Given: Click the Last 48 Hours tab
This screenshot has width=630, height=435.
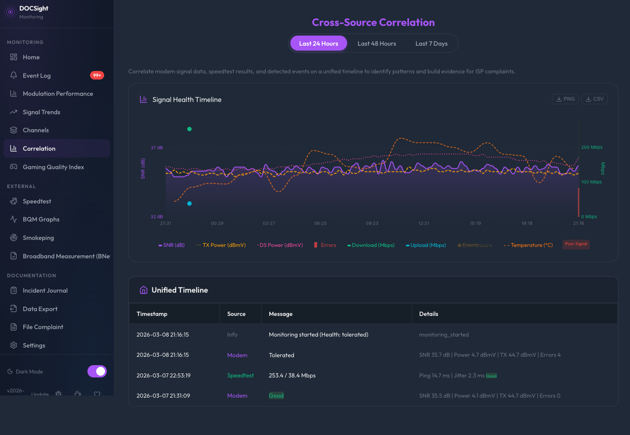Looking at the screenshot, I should pos(377,43).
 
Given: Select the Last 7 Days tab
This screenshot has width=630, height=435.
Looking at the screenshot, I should pos(431,43).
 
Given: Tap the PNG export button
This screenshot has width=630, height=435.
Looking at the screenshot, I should pos(565,99).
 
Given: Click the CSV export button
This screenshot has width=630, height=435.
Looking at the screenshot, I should pos(594,99).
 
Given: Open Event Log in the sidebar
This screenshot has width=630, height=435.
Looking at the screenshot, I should pos(37,76).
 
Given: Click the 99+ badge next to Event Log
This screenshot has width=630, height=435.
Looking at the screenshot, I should pos(97,75).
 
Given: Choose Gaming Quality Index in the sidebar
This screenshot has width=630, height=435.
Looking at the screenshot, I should pos(53,167).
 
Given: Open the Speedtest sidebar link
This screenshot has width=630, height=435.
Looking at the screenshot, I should pos(37,201).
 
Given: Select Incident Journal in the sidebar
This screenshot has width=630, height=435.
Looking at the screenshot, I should pos(45,290).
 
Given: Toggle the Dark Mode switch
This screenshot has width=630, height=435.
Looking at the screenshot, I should pos(97,371).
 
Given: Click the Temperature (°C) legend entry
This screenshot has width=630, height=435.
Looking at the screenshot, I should pos(528,245).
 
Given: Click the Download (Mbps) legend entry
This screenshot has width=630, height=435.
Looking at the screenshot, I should pos(371,245).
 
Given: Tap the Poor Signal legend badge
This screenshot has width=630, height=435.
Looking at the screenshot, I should pos(576,244).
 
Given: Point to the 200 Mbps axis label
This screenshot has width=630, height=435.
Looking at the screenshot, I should pos(592,147).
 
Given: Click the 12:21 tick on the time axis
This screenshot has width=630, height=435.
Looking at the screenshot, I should pos(424,223).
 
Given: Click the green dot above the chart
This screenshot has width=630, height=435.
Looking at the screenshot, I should pos(189,129).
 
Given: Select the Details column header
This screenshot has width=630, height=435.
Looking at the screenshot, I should pos(428,314).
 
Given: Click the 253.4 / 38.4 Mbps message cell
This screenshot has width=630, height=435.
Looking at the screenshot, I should pos(292,375).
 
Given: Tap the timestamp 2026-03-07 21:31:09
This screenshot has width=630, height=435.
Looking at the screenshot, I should pos(163,395).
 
